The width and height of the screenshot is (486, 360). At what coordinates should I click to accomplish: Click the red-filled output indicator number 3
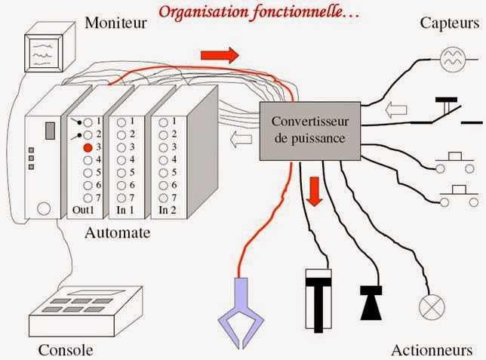(88, 147)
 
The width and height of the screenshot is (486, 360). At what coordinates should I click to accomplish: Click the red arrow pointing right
(220, 54)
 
